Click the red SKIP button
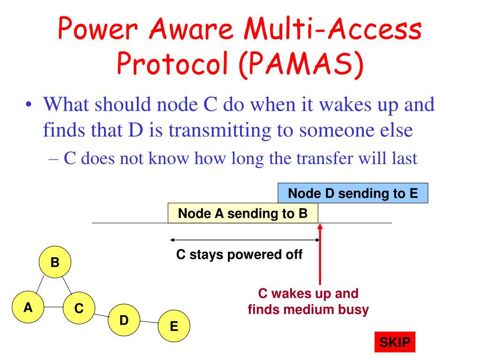pyautogui.click(x=394, y=343)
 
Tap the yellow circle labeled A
pyautogui.click(x=29, y=307)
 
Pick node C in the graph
pyautogui.click(x=79, y=308)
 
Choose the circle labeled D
pyautogui.click(x=124, y=321)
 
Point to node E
pyautogui.click(x=174, y=326)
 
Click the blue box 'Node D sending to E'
pyautogui.click(x=352, y=193)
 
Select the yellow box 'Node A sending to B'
pyautogui.click(x=243, y=214)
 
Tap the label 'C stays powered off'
pyautogui.click(x=240, y=255)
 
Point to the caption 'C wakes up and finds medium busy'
pyautogui.click(x=308, y=301)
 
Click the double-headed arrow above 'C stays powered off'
pyautogui.click(x=244, y=240)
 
